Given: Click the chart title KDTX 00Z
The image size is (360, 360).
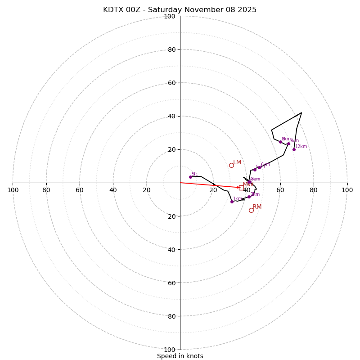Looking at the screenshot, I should coord(180,10).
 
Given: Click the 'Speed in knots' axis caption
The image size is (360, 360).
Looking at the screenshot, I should coord(180,356).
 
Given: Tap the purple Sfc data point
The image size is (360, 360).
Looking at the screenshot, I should coord(190,177).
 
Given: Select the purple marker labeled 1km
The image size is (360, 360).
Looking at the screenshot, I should coord(232,202).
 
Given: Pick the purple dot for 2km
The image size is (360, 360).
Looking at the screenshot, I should coord(249,197).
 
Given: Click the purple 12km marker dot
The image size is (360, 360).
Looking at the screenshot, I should coord(294,149).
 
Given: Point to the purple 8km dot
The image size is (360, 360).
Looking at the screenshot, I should coord(280,142).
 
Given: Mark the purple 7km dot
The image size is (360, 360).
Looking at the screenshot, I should coord(288,144).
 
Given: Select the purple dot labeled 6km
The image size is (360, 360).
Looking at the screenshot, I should coord(259,167).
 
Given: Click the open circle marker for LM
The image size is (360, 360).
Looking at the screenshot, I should coord(231,165).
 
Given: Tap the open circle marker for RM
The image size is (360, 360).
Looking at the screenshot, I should coord(251,210).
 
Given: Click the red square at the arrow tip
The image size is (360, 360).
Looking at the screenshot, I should coord(241,188).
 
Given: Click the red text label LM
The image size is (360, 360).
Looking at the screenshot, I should coord(237,162).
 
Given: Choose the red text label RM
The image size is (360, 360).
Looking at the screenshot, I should coord(257,207).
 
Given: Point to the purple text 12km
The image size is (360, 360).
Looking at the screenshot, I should coord(301,146).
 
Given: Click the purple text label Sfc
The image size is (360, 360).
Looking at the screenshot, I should coord(195,174).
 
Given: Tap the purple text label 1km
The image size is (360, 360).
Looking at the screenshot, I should coord(238,198).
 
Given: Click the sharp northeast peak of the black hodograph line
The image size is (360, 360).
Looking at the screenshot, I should coord(301,112).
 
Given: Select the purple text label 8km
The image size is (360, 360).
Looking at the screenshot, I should coord(286,139).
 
